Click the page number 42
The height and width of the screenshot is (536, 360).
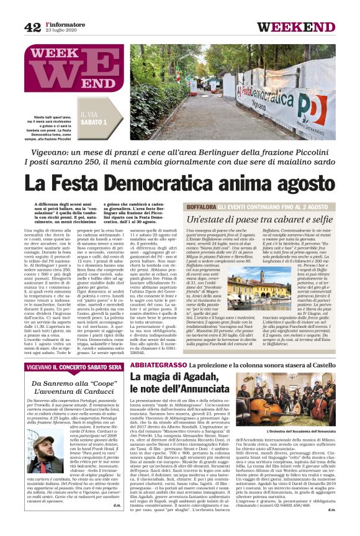pyautogui.click(x=32, y=27)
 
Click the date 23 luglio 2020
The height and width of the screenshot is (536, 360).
pyautogui.click(x=61, y=31)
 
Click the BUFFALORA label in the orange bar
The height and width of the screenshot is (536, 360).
pyautogui.click(x=202, y=206)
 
